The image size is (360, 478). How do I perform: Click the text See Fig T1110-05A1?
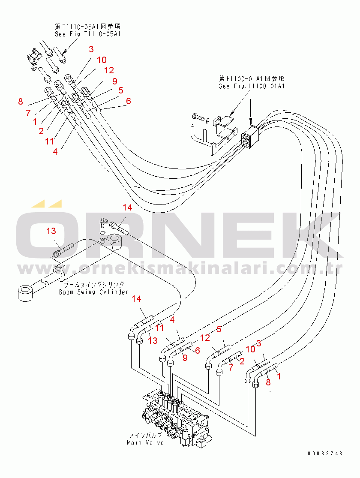87,33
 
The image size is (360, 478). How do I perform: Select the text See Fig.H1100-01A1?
252,86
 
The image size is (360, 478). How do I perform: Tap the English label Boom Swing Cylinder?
93,292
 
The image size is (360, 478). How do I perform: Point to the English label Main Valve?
145,442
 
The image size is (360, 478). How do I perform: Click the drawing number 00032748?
324,453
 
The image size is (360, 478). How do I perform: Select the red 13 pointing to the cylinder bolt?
51,231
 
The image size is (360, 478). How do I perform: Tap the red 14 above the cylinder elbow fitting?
127,208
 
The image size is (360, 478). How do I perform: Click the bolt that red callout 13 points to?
63,250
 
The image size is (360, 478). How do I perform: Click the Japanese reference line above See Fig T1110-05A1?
87,26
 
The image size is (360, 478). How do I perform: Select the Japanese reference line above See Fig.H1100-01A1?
252,78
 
